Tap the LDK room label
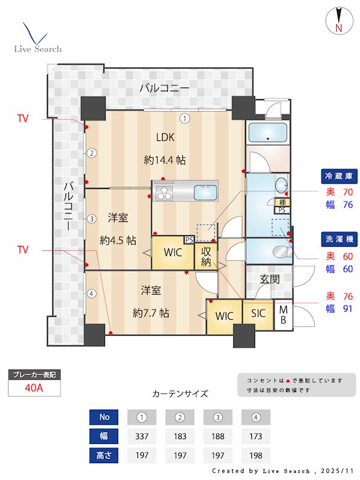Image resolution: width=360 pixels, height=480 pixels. (x=165, y=137)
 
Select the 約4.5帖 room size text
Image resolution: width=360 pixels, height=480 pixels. (x=118, y=241)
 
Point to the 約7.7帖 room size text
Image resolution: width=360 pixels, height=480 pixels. (x=150, y=313)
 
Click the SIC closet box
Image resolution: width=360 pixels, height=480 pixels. (x=258, y=314)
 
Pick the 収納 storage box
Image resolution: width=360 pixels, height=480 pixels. (x=206, y=256)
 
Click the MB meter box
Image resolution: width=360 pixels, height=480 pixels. (x=284, y=314)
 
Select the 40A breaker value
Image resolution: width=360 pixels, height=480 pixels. (x=34, y=388)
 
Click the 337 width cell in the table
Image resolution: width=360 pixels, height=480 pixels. (x=142, y=436)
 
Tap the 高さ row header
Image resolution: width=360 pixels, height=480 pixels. (x=103, y=455)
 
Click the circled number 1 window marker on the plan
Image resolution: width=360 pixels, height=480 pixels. (x=186, y=118)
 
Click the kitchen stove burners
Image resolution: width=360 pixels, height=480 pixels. (x=164, y=193)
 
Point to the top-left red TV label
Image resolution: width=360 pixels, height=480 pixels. (x=22, y=119)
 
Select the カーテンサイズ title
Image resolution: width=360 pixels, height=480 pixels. (x=180, y=394)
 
